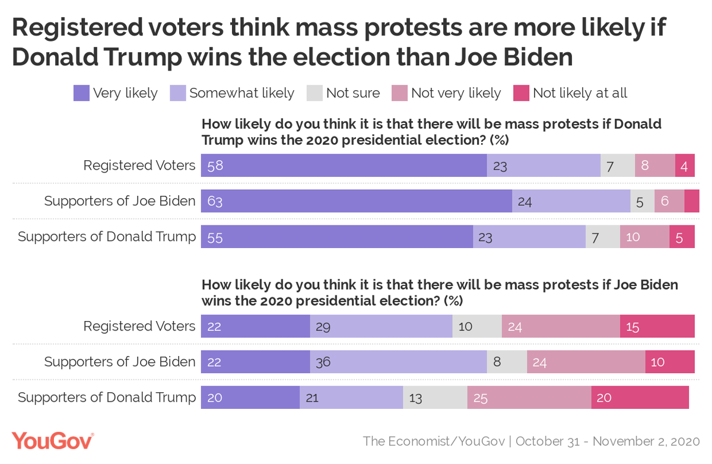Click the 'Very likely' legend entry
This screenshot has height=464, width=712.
(x=116, y=93)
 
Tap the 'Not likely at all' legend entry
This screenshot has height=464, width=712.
(x=570, y=93)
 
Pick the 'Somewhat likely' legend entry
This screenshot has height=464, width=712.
(x=232, y=93)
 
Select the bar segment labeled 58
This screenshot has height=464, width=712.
(x=344, y=166)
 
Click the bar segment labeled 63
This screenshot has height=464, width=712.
(x=357, y=201)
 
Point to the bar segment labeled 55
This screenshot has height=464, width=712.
(x=337, y=237)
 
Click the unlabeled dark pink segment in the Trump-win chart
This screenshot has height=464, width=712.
(x=692, y=201)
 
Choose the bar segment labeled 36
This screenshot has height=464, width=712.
(x=398, y=362)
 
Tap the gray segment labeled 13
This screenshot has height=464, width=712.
(x=435, y=398)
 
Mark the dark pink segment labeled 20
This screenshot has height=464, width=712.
(x=640, y=398)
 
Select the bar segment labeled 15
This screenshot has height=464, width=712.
(x=657, y=326)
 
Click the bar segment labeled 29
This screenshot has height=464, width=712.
(x=381, y=326)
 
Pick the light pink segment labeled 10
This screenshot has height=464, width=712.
(x=644, y=237)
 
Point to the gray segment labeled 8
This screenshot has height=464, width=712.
(x=506, y=362)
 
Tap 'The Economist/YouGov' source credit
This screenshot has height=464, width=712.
(x=434, y=441)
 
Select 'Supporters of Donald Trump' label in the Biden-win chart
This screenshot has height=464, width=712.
(x=107, y=398)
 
